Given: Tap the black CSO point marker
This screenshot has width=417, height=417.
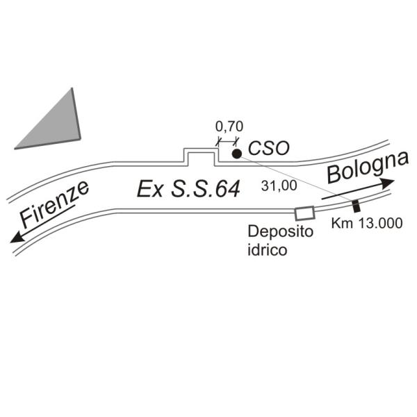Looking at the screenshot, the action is coord(236,154).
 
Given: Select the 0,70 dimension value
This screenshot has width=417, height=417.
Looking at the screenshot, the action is coord(229,126).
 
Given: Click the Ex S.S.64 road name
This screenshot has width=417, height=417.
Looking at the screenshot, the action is coord(188,189).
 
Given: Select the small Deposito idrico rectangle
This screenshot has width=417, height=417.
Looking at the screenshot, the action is coord(304,213).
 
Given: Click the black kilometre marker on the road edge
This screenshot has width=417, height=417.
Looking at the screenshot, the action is coord(356,206).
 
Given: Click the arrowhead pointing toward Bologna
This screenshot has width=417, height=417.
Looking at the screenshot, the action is coord(388,182).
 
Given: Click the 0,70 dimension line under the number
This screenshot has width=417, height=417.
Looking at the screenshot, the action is coord(227,140).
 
